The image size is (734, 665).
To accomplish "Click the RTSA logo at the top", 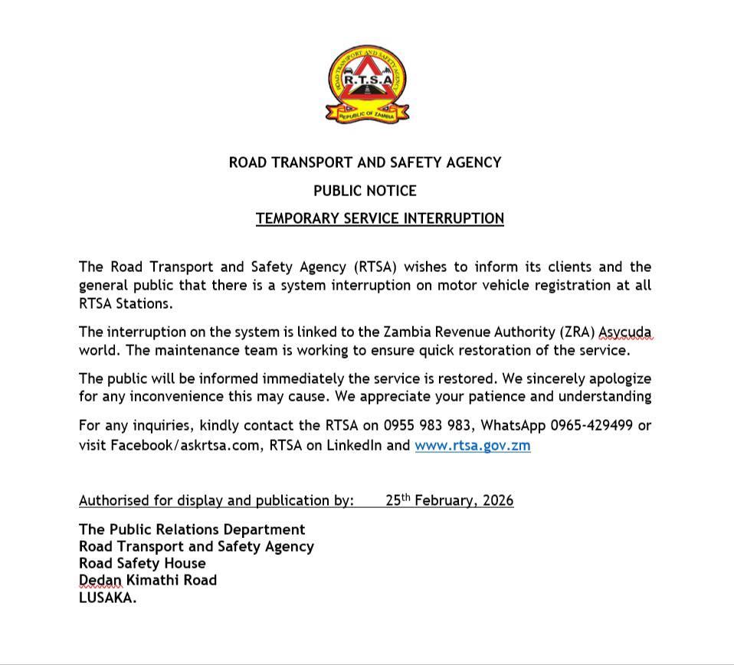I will [x=368, y=84].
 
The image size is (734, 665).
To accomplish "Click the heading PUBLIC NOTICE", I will [x=365, y=191].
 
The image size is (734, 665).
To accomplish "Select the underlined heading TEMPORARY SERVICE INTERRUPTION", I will [x=380, y=219].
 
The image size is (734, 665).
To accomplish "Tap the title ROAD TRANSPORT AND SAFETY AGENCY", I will [x=365, y=162].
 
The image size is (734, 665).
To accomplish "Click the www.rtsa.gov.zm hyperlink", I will [x=472, y=445].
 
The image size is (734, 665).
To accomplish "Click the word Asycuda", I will [x=624, y=332].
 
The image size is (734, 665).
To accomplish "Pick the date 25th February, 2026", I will [x=449, y=501].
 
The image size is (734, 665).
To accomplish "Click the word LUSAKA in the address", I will [x=107, y=598].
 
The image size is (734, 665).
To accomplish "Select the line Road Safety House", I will [x=142, y=563].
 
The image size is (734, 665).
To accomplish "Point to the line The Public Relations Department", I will [x=192, y=529].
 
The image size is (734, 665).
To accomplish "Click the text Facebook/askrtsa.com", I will [x=185, y=445].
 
